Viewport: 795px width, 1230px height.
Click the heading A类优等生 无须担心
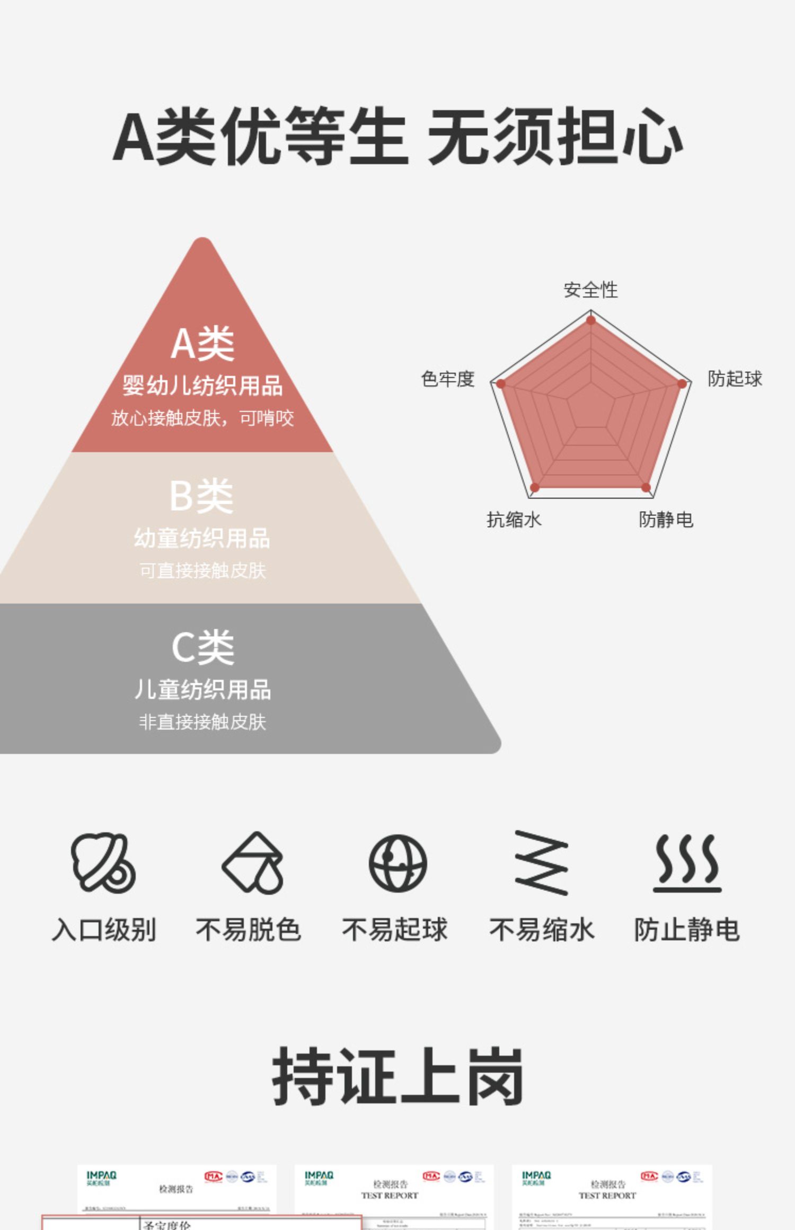[x=397, y=136]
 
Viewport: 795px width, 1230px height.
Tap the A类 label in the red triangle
[x=202, y=344]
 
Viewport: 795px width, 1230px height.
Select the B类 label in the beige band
[x=201, y=496]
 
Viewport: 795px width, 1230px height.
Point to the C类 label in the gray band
[x=202, y=647]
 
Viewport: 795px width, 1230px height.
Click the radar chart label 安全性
[x=590, y=290]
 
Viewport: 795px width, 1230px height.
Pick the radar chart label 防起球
[x=735, y=379]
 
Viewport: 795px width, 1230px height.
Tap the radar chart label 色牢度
[x=447, y=379]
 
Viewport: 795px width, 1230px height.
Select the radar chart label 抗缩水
[x=514, y=519]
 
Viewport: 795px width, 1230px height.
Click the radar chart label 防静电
[x=666, y=519]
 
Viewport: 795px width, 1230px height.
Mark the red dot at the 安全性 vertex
[x=591, y=320]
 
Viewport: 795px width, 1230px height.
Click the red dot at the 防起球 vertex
[x=682, y=384]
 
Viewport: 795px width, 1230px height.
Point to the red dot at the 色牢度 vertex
[x=501, y=384]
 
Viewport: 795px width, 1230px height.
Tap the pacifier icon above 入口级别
[x=103, y=862]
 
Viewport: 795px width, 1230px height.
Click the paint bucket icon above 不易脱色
[x=253, y=862]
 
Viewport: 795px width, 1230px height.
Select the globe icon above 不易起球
[x=397, y=862]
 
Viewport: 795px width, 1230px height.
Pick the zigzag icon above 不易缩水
[x=541, y=862]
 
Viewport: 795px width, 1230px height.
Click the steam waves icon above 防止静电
[x=687, y=862]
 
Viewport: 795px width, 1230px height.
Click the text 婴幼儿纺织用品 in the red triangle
[x=202, y=385]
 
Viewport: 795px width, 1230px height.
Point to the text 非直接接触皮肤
[x=202, y=721]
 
